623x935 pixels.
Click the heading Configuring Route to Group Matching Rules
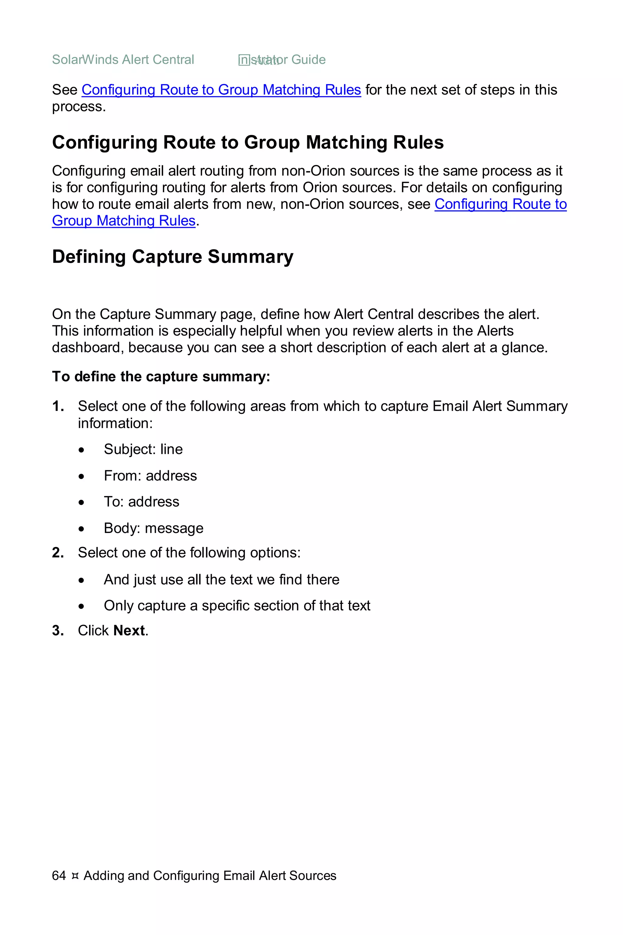pyautogui.click(x=248, y=142)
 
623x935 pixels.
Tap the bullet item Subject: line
pyautogui.click(x=143, y=449)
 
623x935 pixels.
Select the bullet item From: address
pyautogui.click(x=150, y=475)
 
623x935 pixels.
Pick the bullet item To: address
pyautogui.click(x=141, y=502)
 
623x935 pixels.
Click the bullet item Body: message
pyautogui.click(x=153, y=528)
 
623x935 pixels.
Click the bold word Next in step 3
pyautogui.click(x=129, y=631)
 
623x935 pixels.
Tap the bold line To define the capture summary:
pyautogui.click(x=161, y=376)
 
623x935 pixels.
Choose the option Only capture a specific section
pyautogui.click(x=237, y=605)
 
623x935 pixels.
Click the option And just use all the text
pyautogui.click(x=221, y=580)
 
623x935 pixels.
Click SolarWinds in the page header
pyautogui.click(x=85, y=60)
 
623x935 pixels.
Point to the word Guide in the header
pyautogui.click(x=308, y=60)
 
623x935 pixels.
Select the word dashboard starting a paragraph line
pyautogui.click(x=84, y=348)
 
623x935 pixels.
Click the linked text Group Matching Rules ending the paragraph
pyautogui.click(x=124, y=221)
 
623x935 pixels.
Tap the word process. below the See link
pyautogui.click(x=79, y=107)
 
